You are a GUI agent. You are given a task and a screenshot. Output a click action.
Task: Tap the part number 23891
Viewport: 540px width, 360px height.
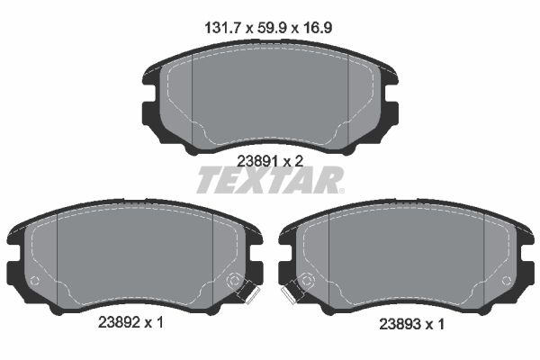[x=256, y=160]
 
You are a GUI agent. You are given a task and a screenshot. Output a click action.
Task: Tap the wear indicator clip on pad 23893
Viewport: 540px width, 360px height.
[x=292, y=292]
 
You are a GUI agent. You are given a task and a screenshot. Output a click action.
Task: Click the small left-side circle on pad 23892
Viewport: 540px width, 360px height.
[x=34, y=282]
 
